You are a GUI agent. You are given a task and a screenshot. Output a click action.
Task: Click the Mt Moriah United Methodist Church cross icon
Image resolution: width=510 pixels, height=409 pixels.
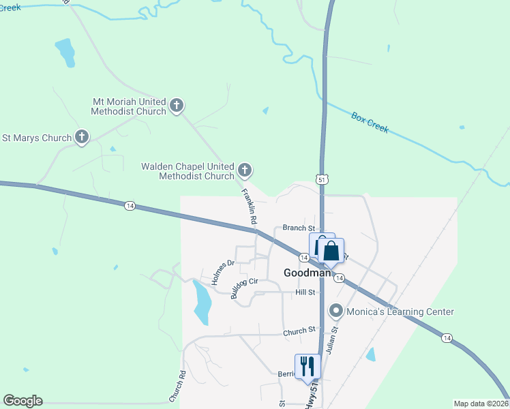177,106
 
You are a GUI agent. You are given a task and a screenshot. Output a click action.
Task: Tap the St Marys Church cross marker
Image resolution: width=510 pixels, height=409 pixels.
81,138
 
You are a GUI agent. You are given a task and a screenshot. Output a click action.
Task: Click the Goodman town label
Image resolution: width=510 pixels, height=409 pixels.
307,273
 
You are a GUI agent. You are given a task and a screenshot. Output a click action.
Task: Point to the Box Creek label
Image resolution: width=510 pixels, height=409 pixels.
370,123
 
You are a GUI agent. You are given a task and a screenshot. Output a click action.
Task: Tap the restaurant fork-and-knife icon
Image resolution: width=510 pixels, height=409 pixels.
307,366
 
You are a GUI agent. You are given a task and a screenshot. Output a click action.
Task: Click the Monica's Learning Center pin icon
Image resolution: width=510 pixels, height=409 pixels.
335,312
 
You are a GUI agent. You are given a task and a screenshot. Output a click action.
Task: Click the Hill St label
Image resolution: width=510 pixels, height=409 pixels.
306,292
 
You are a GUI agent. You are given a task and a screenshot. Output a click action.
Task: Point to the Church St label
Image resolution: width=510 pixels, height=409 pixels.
301,331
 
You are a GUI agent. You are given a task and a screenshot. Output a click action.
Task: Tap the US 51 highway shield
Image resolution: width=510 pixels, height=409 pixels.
321,179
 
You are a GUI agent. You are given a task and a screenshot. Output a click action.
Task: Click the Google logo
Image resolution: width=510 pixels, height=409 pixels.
22,401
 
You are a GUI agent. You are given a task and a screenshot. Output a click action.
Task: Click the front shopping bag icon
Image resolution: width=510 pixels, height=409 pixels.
331,250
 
